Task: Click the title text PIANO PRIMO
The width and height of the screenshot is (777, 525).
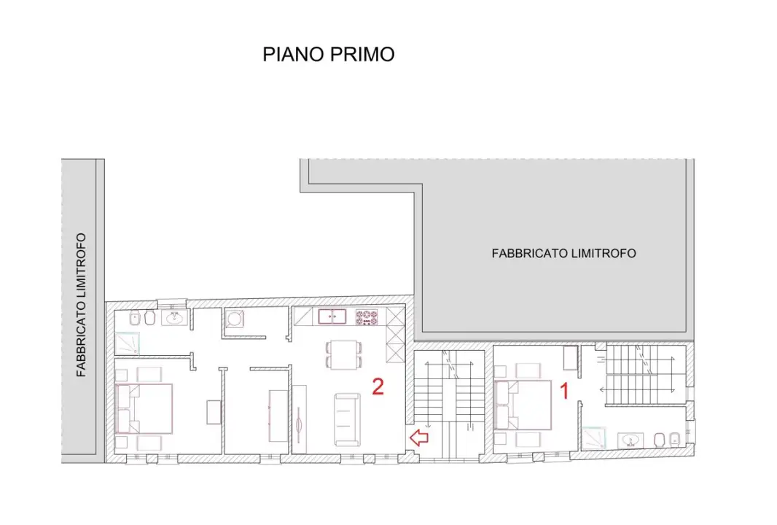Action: tap(328, 55)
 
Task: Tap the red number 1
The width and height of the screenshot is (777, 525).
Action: tap(563, 392)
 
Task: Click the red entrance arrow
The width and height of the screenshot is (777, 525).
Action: tap(418, 437)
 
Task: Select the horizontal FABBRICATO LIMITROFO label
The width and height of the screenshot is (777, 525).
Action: tap(563, 254)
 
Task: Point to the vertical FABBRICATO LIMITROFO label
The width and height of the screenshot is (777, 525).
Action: tap(82, 305)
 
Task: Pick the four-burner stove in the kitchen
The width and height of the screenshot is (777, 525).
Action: tap(367, 317)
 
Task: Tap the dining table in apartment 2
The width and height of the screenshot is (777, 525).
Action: tap(342, 354)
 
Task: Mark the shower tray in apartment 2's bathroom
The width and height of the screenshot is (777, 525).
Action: tap(124, 342)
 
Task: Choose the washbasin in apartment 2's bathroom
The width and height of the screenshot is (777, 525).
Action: tap(176, 319)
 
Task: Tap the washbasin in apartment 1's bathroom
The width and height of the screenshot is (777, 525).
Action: tap(630, 440)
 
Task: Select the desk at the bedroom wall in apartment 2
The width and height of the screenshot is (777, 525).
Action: tap(214, 412)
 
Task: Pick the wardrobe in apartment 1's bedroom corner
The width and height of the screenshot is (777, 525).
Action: tap(571, 358)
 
